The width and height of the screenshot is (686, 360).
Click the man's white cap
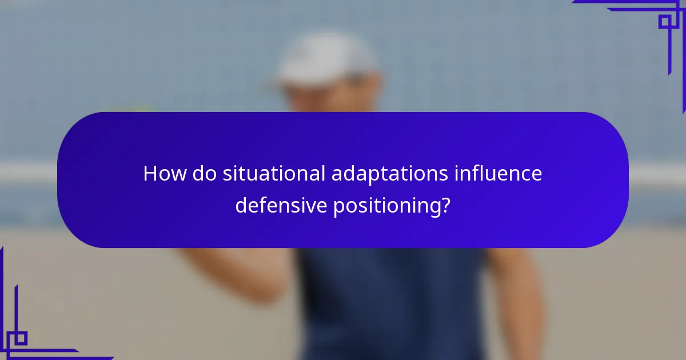[326, 57]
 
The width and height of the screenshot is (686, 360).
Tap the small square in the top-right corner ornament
[665, 22]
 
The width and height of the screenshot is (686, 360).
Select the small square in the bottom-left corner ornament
[20, 338]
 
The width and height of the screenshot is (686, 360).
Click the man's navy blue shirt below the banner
[389, 303]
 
